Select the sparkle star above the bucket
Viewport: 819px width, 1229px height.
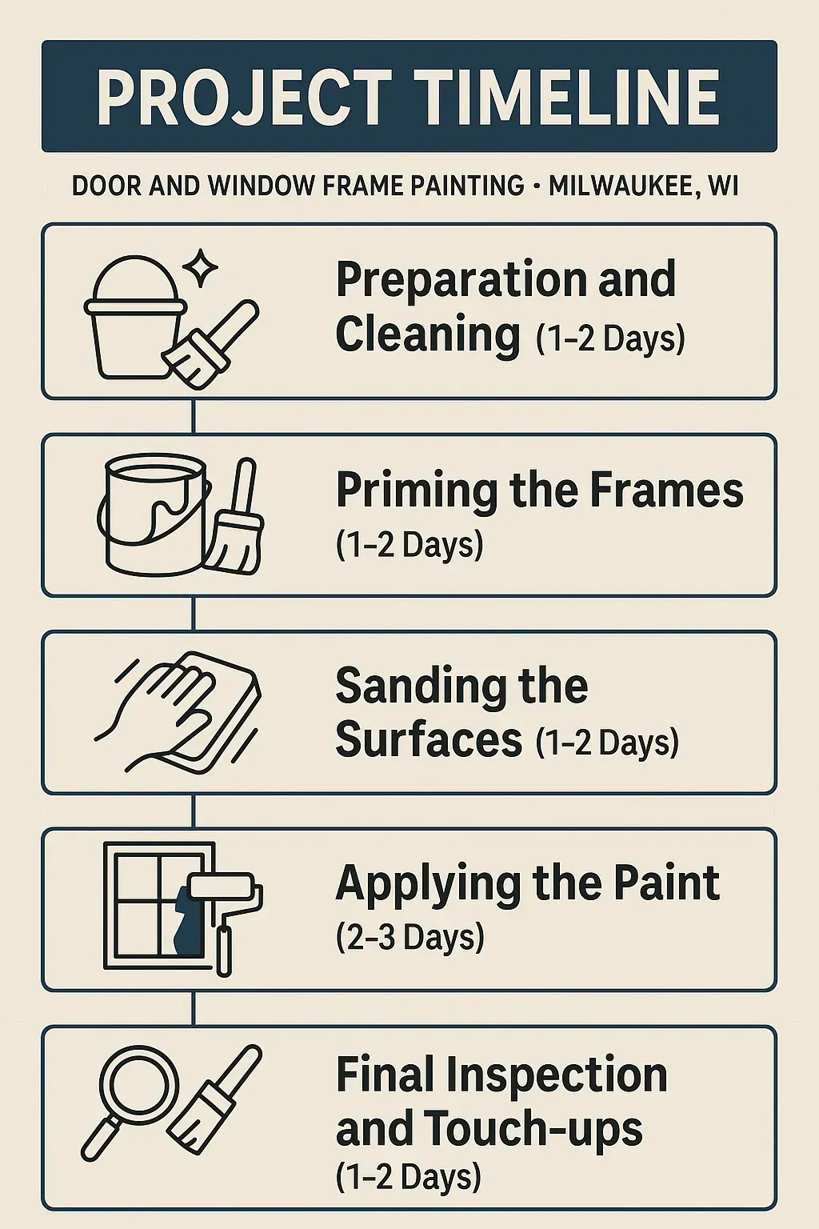(x=200, y=268)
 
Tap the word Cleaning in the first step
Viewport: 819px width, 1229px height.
(x=428, y=334)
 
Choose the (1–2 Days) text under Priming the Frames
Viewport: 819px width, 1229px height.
(x=409, y=545)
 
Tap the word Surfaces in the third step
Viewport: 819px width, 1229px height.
(x=429, y=739)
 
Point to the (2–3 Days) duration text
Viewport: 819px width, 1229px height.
(x=410, y=937)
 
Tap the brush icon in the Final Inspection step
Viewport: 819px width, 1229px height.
(x=216, y=1100)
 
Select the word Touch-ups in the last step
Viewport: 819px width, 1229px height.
(x=533, y=1128)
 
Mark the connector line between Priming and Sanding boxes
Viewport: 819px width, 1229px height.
(x=194, y=614)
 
